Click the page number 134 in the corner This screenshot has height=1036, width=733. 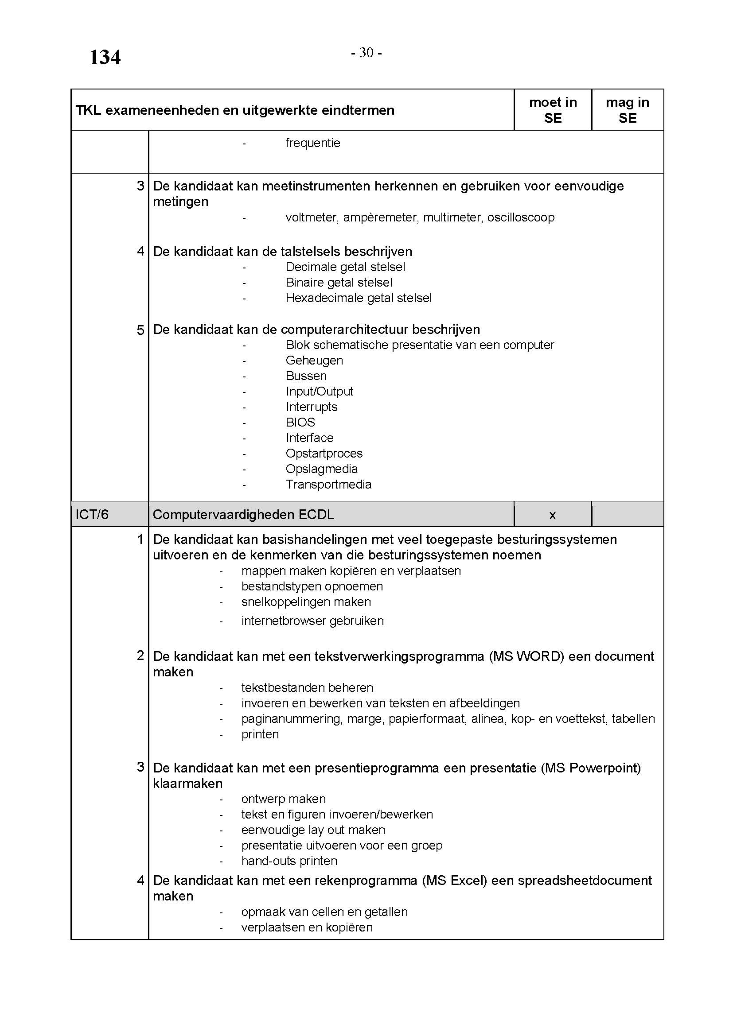click(x=105, y=58)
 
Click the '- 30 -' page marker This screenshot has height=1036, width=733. click(x=366, y=53)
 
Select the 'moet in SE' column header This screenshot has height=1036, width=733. click(x=553, y=110)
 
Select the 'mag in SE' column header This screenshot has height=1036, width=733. click(x=628, y=110)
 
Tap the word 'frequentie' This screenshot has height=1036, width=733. click(x=313, y=143)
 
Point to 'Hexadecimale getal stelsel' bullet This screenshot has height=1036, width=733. click(x=359, y=298)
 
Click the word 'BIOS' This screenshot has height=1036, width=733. click(x=300, y=423)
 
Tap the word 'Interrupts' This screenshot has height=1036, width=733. click(x=312, y=407)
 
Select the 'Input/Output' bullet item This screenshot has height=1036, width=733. click(x=319, y=392)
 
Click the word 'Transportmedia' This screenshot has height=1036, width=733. click(x=328, y=485)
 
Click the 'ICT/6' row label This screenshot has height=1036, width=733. click(x=92, y=514)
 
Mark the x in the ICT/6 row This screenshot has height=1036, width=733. click(x=553, y=515)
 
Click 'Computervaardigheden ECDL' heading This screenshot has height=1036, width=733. click(x=243, y=515)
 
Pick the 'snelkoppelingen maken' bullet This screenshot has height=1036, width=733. click(x=306, y=602)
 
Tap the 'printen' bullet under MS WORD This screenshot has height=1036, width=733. click(x=260, y=734)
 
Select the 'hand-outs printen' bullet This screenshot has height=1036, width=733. click(x=289, y=861)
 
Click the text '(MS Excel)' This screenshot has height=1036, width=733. click(x=455, y=881)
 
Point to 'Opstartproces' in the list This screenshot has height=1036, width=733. click(x=324, y=454)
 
